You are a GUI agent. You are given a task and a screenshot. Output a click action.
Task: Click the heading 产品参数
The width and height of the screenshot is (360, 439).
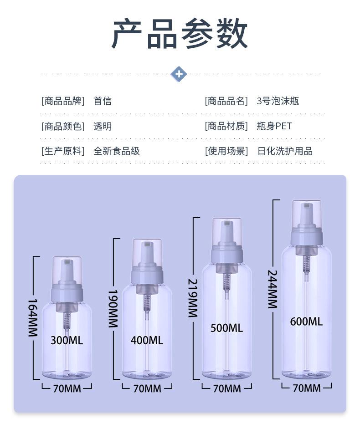pyautogui.click(x=180, y=35)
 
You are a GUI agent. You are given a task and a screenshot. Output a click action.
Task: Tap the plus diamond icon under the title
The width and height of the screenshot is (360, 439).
pyautogui.click(x=179, y=74)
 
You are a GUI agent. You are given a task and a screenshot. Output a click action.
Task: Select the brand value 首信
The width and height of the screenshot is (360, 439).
pyautogui.click(x=102, y=101)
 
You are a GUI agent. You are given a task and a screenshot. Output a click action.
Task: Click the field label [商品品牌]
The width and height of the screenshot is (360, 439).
pyautogui.click(x=63, y=101)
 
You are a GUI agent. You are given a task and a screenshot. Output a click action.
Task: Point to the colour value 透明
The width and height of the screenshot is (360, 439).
pyautogui.click(x=102, y=127)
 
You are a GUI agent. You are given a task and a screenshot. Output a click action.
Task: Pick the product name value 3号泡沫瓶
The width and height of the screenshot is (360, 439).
pyautogui.click(x=278, y=101)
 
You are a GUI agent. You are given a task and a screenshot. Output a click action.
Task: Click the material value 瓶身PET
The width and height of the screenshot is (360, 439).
pyautogui.click(x=274, y=126)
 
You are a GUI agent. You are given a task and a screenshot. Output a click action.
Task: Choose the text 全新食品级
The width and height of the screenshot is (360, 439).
pyautogui.click(x=116, y=151)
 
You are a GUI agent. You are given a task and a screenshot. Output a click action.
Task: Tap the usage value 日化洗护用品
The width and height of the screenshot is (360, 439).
pyautogui.click(x=285, y=151)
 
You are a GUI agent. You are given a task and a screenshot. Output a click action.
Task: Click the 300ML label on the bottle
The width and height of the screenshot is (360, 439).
pyautogui.click(x=67, y=340)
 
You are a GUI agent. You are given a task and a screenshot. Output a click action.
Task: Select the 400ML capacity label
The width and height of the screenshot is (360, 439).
pyautogui.click(x=147, y=340)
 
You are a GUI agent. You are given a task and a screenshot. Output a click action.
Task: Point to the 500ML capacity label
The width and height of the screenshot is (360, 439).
pyautogui.click(x=226, y=328)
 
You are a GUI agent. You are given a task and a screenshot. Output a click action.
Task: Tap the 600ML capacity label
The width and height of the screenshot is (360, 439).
pyautogui.click(x=306, y=322)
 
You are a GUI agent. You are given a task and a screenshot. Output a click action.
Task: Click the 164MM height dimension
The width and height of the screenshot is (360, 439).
pyautogui.click(x=32, y=317)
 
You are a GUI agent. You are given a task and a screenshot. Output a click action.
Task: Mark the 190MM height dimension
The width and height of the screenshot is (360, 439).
pyautogui.click(x=113, y=308)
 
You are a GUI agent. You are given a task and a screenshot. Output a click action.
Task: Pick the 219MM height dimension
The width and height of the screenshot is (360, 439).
pyautogui.click(x=193, y=298)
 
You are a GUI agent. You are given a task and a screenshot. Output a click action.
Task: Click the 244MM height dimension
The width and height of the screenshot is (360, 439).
pyautogui.click(x=273, y=289)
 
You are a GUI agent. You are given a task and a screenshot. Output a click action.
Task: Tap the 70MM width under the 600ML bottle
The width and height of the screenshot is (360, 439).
pyautogui.click(x=306, y=388)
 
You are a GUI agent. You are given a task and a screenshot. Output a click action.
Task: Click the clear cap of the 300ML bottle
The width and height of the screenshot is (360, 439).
pyautogui.click(x=67, y=269)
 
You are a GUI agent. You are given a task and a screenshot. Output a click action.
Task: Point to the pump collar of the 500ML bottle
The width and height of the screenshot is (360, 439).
pyautogui.click(x=226, y=255)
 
